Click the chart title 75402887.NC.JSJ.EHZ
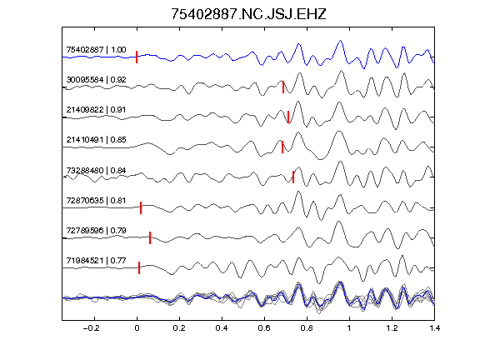[x=248, y=14]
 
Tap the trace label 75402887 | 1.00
[x=96, y=50]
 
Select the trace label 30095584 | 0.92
[x=96, y=80]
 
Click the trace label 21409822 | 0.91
[x=96, y=110]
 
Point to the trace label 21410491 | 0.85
[x=96, y=140]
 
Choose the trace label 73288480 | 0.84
[x=96, y=170]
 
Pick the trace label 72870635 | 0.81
[x=96, y=200]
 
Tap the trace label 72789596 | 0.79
[x=96, y=230]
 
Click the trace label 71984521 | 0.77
[x=96, y=260]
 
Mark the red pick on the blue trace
[x=137, y=57]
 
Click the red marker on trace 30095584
[x=283, y=87]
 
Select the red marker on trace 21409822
[x=288, y=117]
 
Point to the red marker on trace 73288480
[x=293, y=177]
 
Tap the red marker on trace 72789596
[x=150, y=237]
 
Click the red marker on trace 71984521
[x=139, y=267]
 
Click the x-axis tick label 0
[x=137, y=328]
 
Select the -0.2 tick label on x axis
[x=91, y=328]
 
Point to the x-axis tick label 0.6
[x=264, y=328]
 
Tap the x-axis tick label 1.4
[x=434, y=328]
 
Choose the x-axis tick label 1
[x=349, y=328]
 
